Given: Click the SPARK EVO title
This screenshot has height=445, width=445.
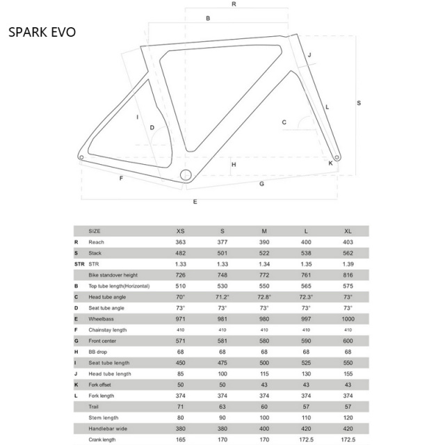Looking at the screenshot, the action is [42, 32].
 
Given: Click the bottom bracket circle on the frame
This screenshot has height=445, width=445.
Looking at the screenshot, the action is [186, 175].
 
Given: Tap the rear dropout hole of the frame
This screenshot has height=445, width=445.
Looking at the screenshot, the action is [81, 157].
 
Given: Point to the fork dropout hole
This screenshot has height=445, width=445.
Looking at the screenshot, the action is [337, 157].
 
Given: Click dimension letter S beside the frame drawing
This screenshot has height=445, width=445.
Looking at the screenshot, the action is [359, 103].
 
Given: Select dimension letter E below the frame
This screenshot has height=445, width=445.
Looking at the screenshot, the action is [195, 202].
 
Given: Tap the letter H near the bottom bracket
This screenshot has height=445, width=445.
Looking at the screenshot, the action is [234, 165].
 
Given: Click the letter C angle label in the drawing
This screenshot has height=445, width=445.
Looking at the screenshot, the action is [284, 122].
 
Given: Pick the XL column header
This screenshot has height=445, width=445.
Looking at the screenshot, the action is [348, 231].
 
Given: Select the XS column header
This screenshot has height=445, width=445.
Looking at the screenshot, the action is [181, 231].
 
